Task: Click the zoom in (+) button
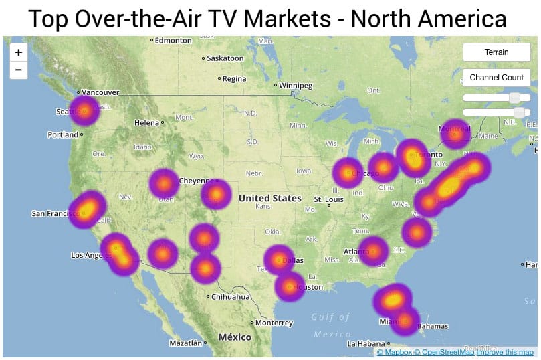(x=17, y=52)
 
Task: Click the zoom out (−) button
(x=17, y=69)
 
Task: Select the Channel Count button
(x=496, y=78)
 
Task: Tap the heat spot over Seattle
(x=84, y=111)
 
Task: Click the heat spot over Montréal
(x=455, y=134)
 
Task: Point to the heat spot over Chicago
(x=348, y=174)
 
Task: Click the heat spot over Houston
(x=290, y=287)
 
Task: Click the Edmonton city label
(x=173, y=41)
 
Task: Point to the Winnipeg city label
(x=296, y=86)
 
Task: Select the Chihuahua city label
(x=231, y=296)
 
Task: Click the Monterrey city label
(x=274, y=323)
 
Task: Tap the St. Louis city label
(x=328, y=199)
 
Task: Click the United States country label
(x=269, y=198)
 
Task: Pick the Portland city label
(x=64, y=134)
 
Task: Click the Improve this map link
(x=505, y=352)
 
